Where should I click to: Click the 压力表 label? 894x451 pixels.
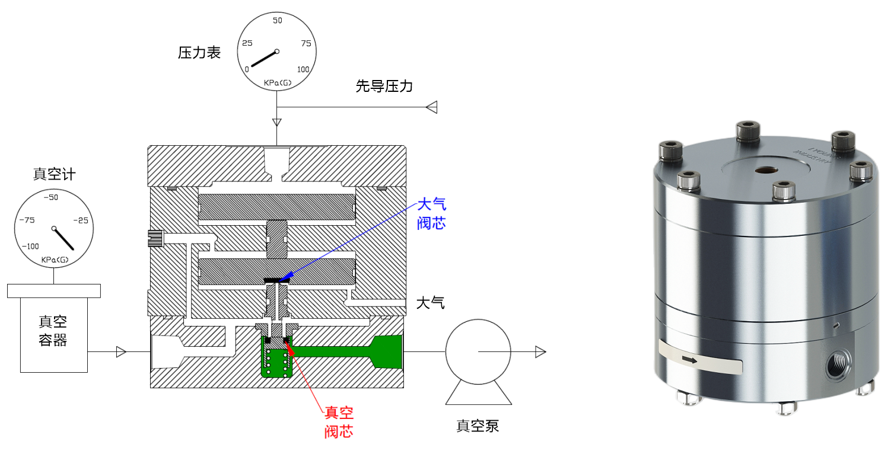[199, 53]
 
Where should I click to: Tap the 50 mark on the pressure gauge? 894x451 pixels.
[277, 21]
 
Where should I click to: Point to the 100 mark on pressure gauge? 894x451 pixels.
[303, 69]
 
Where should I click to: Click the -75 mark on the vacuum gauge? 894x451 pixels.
[27, 220]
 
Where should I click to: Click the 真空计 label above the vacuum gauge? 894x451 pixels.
[54, 174]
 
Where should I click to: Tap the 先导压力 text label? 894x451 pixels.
[384, 87]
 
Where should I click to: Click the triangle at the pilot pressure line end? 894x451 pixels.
[432, 107]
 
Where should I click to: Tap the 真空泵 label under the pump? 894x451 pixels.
[478, 426]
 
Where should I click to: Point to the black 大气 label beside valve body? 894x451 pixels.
[430, 303]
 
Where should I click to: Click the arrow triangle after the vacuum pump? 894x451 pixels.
[540, 352]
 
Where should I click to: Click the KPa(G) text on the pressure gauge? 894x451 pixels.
[276, 82]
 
